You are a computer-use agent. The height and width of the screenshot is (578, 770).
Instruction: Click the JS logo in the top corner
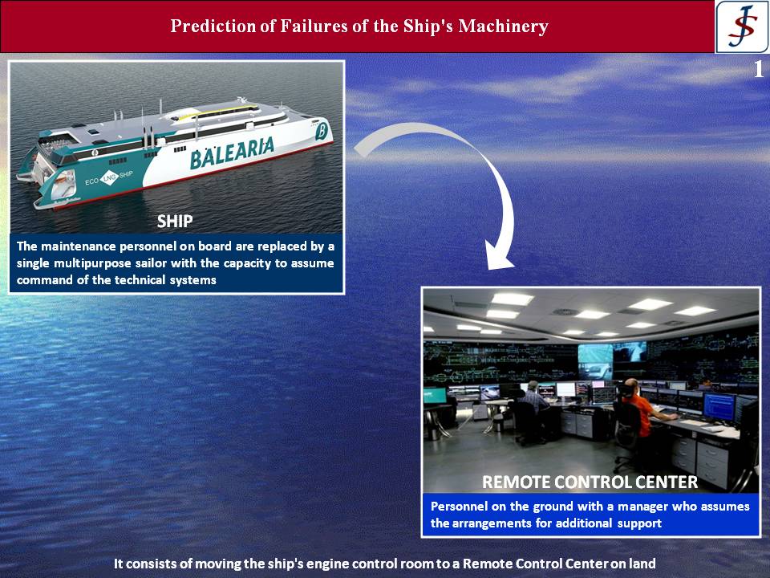coord(742,26)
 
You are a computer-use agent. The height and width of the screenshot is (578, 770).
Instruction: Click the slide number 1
coord(759,69)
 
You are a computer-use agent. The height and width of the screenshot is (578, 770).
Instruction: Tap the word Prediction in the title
coord(213,26)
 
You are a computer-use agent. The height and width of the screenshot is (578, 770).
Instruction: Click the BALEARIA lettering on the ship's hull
coord(232,153)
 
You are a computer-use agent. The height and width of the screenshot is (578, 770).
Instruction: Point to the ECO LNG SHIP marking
coord(109,178)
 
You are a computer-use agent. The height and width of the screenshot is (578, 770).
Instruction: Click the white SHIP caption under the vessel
coord(175,222)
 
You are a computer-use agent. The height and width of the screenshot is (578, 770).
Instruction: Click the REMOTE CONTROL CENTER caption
coord(590,482)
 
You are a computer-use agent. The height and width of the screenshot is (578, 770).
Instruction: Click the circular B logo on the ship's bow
coord(321,131)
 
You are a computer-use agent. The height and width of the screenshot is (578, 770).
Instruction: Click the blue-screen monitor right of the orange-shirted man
coord(719,407)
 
